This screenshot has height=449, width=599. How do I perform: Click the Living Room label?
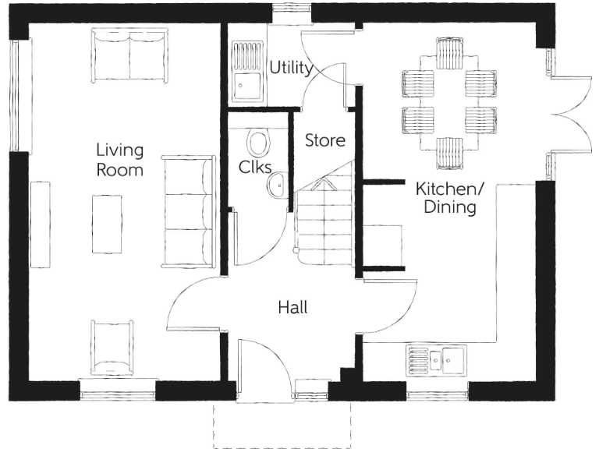point(119,158)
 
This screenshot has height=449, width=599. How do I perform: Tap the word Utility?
point(291,68)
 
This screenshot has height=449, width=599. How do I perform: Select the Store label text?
point(324,141)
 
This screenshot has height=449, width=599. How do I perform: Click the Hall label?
point(292,308)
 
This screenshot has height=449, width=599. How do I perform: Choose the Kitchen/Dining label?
point(445,198)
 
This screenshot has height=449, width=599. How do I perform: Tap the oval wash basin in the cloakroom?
point(275,186)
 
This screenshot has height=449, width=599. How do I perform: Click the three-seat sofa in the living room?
point(188,211)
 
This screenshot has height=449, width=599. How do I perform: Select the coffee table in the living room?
point(108,224)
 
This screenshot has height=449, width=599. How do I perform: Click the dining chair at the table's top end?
point(449,53)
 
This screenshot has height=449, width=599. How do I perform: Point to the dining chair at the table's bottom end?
point(449,153)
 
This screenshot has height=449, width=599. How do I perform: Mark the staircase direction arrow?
point(323,184)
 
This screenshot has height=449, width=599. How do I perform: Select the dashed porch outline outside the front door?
point(281,447)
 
